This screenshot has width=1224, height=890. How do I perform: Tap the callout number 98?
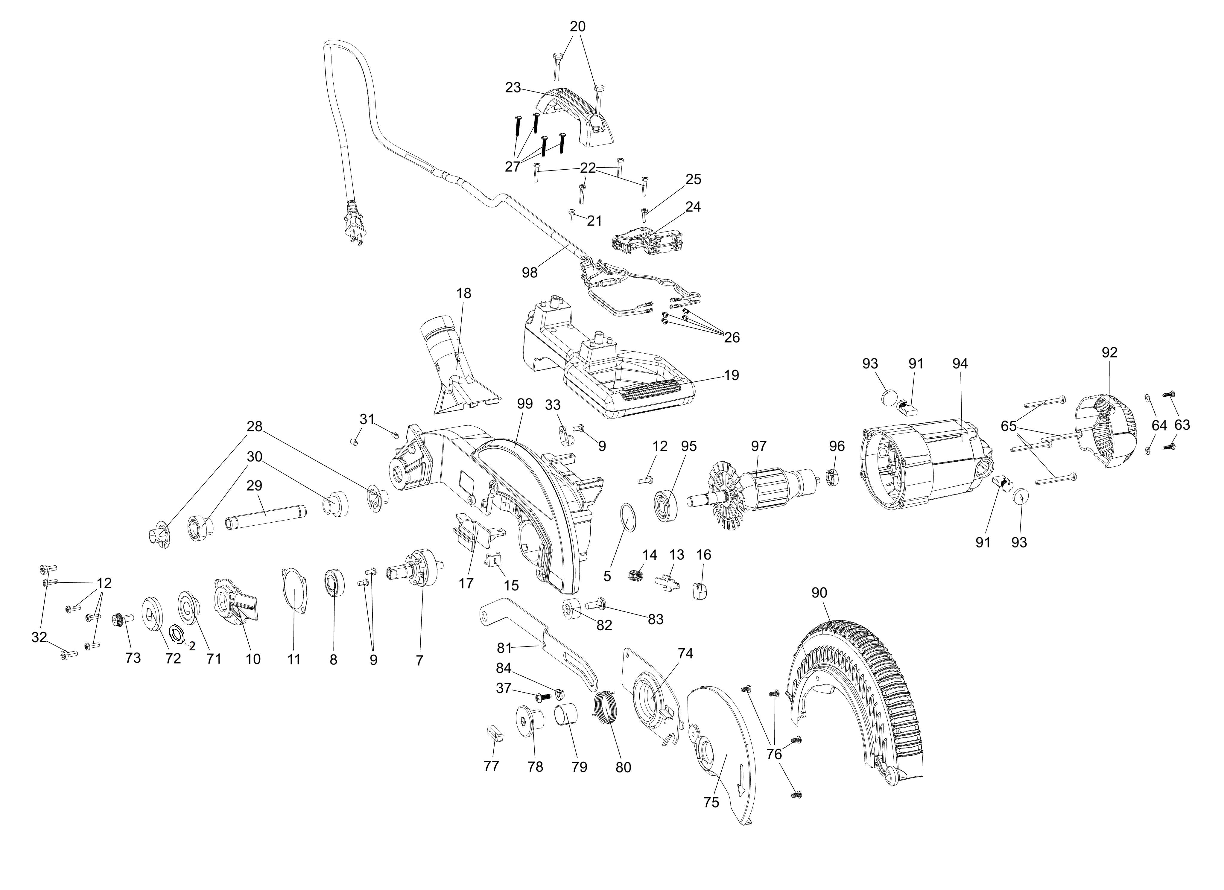point(530,273)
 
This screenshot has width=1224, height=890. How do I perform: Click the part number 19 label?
point(731,375)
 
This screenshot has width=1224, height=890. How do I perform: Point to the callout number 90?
point(819,593)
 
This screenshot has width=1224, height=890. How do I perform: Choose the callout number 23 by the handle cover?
point(513,87)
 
